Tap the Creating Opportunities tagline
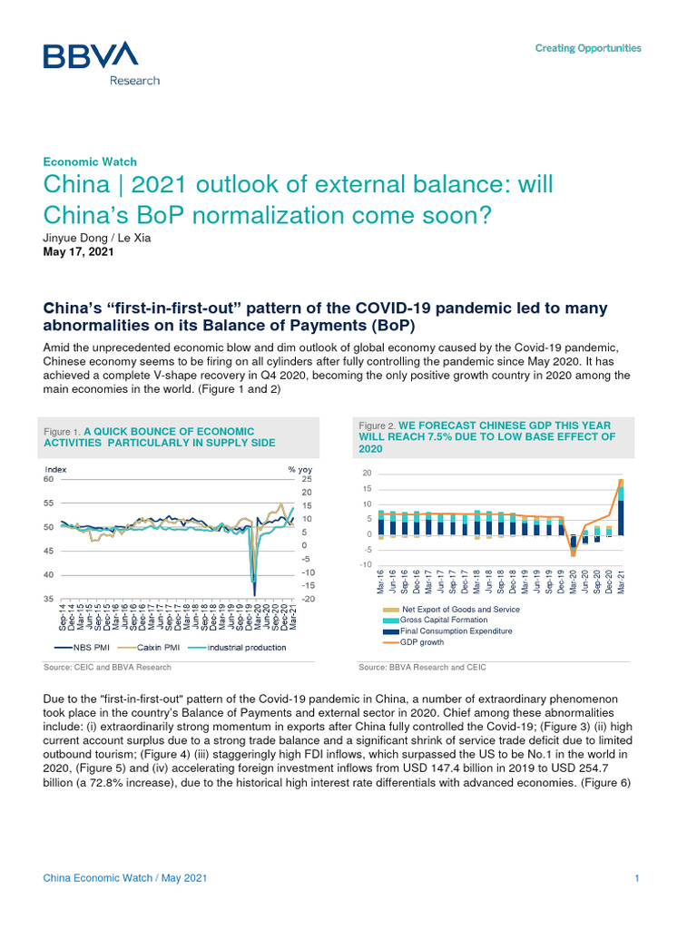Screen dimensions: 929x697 [587, 48]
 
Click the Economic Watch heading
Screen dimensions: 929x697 [90, 161]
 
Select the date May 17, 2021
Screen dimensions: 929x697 [79, 253]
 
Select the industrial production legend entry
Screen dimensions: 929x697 [246, 647]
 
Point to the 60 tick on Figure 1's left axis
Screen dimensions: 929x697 [49, 479]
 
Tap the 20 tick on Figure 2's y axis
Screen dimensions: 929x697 [366, 474]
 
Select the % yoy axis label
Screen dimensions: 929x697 [299, 469]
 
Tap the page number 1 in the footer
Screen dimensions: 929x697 [638, 878]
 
